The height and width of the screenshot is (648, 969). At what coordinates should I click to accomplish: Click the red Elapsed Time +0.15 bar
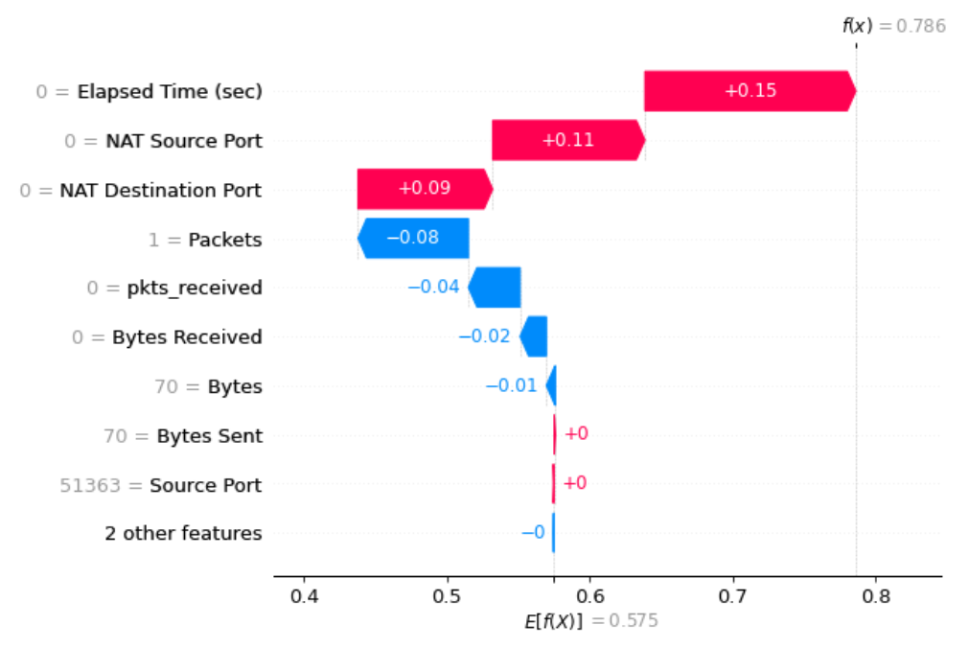point(749,91)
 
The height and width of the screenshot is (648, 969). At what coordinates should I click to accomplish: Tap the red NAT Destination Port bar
point(424,189)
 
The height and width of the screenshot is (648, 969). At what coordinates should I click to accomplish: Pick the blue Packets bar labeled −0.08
point(413,238)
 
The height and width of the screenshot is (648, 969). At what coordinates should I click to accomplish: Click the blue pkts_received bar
point(496,287)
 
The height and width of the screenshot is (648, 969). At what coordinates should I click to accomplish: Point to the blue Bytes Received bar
point(534,336)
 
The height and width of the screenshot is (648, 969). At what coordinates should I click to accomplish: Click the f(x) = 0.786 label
point(893,26)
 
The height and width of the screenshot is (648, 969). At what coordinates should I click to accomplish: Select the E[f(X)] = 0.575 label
point(589,620)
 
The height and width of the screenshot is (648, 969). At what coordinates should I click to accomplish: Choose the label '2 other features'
point(183,533)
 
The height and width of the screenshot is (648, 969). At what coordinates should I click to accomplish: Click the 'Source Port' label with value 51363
point(205,485)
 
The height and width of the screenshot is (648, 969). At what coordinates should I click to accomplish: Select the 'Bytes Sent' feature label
point(209,435)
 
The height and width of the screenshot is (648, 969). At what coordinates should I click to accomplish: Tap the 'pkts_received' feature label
point(195,288)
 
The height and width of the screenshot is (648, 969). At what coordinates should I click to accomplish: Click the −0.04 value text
point(433,287)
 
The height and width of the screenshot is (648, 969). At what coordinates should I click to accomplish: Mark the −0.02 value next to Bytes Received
point(484,336)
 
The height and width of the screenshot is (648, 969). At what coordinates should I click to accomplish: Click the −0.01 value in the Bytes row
point(511,385)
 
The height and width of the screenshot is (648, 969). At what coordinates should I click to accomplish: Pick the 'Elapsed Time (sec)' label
point(170,92)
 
